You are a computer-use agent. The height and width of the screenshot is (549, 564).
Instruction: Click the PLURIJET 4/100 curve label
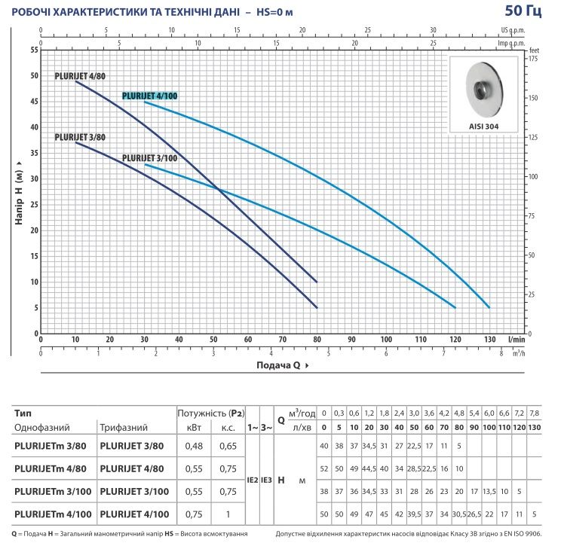[x=149, y=96]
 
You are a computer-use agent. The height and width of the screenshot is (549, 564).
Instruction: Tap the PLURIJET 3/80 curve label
[x=80, y=137]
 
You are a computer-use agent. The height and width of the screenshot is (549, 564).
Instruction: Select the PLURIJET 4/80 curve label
[x=80, y=76]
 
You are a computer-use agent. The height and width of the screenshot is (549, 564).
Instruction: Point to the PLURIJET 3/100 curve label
[x=149, y=158]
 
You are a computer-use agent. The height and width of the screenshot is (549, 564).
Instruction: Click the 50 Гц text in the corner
[x=523, y=11]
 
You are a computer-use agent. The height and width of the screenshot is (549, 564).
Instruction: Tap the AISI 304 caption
[x=483, y=127]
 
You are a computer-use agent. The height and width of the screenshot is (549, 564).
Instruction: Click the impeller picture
[x=484, y=89]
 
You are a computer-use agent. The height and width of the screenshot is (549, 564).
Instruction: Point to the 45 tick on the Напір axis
[x=35, y=102]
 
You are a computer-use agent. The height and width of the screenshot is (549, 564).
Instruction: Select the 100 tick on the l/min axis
[x=386, y=339]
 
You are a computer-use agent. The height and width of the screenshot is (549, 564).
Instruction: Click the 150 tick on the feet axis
[x=533, y=98]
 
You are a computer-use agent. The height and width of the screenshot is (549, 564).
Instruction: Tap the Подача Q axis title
[x=282, y=365]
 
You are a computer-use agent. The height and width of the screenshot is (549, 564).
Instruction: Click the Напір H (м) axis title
[x=19, y=193]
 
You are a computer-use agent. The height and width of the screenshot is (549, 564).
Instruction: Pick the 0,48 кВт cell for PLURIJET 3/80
[x=194, y=446]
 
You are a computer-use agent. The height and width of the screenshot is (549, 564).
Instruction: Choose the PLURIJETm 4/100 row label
[x=53, y=514]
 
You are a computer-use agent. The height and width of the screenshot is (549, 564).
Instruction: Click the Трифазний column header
[x=124, y=428]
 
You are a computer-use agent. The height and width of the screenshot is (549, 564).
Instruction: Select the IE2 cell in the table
[x=253, y=480]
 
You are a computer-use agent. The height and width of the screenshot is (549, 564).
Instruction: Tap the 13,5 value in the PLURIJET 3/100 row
[x=489, y=492]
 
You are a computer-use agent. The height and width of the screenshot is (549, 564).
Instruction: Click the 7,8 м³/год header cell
[x=534, y=413]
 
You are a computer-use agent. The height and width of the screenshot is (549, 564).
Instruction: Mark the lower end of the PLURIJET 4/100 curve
[x=489, y=307]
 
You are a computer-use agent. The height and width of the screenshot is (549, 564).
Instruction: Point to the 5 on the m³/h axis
[x=329, y=354]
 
